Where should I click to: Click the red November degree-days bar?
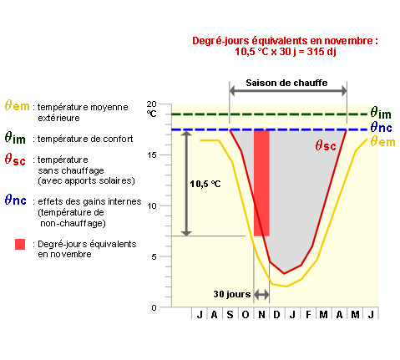[x=261, y=183]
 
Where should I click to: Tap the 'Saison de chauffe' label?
[x=286, y=83]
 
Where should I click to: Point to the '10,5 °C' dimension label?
[x=205, y=184]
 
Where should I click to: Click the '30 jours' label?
[x=232, y=294]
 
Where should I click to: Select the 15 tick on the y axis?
[x=152, y=155]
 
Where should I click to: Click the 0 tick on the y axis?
[x=154, y=307]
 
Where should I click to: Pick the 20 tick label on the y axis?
[x=152, y=104]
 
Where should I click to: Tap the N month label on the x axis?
[x=261, y=315]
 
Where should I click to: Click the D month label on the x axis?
[x=276, y=315]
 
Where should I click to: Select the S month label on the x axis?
[x=230, y=315]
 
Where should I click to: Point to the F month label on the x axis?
[x=308, y=315]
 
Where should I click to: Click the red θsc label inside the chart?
[x=326, y=145]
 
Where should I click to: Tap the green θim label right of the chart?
[x=381, y=113]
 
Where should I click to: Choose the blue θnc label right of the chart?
[x=381, y=128]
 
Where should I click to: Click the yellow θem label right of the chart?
[x=382, y=141]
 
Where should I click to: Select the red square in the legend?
[x=20, y=244]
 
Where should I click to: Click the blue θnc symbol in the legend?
[x=16, y=200]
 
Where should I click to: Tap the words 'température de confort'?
[x=85, y=139]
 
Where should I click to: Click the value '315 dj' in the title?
[x=322, y=52]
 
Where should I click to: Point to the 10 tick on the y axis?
[x=152, y=206]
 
